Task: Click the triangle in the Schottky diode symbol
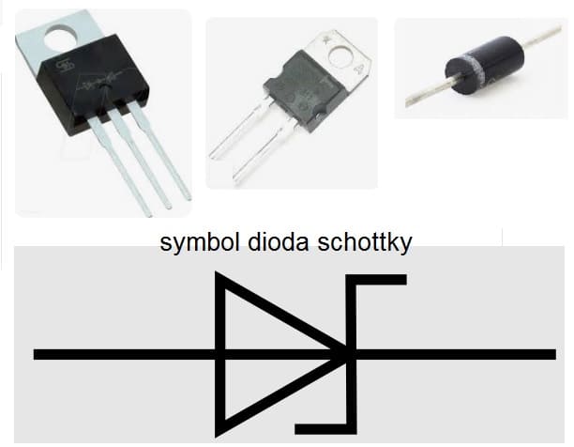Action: (x=263, y=354)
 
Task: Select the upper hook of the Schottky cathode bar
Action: (x=380, y=278)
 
